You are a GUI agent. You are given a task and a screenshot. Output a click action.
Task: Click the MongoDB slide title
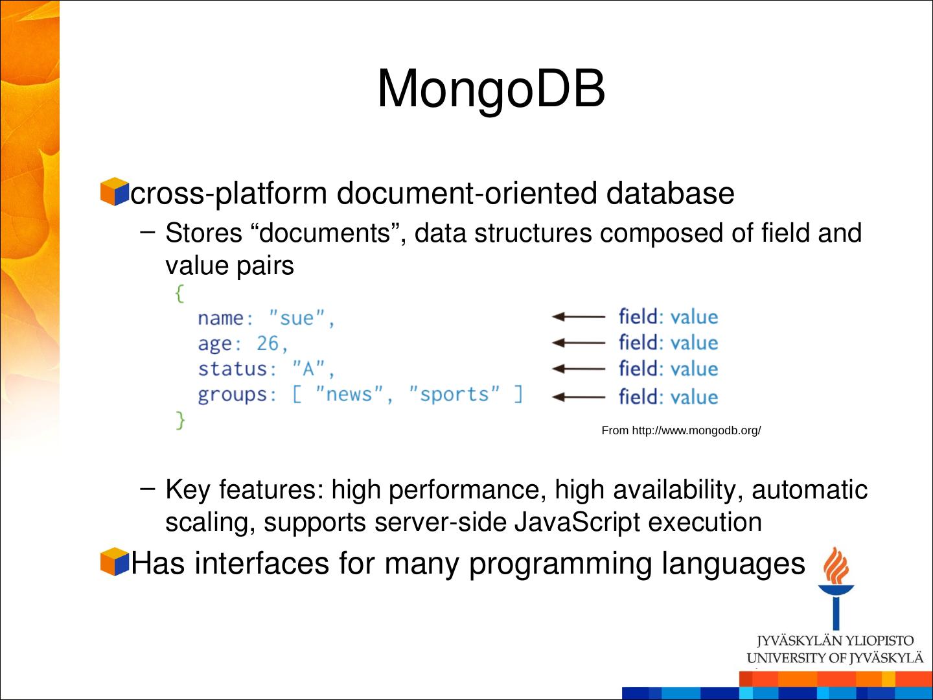pos(491,88)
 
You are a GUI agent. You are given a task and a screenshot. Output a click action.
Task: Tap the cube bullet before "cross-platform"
pos(115,192)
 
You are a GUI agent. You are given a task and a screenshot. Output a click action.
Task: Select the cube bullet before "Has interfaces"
pos(115,561)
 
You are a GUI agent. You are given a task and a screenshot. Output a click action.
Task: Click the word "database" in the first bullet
pos(670,193)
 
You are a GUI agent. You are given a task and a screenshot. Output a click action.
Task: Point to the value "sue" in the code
pos(297,318)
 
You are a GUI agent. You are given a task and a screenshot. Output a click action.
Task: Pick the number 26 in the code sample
pos(267,344)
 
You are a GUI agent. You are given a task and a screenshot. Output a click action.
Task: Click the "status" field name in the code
pos(233,369)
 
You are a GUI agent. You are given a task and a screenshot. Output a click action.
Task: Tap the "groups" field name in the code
pos(233,395)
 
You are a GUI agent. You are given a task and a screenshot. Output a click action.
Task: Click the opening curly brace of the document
pos(179,294)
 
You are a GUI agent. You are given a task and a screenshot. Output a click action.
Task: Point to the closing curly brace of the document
pos(180,421)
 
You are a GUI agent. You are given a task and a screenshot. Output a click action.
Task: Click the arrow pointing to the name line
pos(578,317)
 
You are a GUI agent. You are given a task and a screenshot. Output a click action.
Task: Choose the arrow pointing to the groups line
pos(578,397)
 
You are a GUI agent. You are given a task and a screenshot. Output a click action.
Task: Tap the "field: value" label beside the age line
pos(668,343)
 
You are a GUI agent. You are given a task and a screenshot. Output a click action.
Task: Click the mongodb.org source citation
pos(681,430)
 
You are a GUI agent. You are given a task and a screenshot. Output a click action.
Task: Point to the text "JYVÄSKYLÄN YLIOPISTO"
pos(835,641)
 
